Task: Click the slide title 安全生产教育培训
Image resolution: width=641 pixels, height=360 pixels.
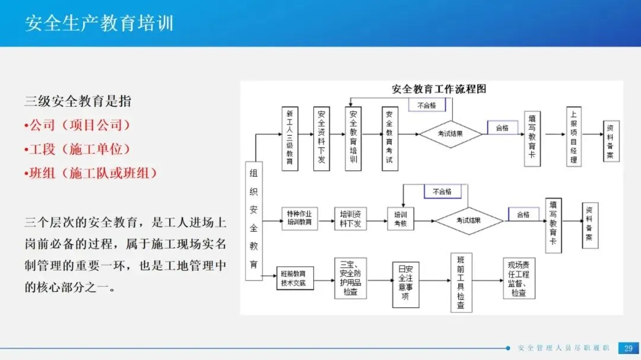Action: click(99, 23)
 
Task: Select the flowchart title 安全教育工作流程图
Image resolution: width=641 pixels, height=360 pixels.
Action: click(439, 90)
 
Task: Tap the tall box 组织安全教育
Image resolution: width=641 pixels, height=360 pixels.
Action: click(253, 221)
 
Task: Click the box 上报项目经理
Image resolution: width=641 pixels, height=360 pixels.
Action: click(573, 136)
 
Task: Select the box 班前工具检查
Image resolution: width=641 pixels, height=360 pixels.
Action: click(461, 283)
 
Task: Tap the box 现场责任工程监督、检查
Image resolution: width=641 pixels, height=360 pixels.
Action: click(519, 278)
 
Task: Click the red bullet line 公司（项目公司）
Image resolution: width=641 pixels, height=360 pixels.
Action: click(77, 125)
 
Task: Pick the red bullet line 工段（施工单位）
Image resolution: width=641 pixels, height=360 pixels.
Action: click(77, 149)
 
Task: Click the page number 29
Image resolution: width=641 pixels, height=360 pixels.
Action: click(628, 348)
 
